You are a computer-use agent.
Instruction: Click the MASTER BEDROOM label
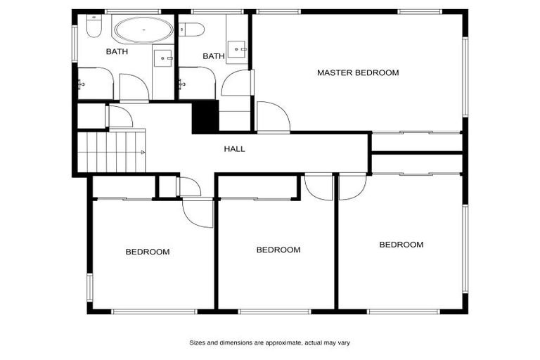[x=357, y=72]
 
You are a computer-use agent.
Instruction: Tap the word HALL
[x=234, y=149]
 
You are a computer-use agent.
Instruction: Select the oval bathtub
[x=143, y=31]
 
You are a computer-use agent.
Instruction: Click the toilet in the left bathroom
[x=94, y=27]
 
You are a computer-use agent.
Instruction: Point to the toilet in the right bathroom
[x=191, y=30]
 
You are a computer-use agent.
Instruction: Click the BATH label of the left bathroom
[x=117, y=52]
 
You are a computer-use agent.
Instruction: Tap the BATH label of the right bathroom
[x=213, y=56]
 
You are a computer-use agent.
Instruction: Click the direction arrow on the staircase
[x=143, y=152]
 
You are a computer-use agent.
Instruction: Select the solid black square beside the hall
[x=205, y=117]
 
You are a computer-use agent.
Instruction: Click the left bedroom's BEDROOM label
[x=148, y=252]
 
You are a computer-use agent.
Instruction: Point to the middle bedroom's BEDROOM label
[x=278, y=250]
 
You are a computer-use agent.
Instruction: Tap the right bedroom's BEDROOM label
[x=401, y=245]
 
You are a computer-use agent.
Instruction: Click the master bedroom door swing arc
[x=274, y=116]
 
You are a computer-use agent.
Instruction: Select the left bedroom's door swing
[x=198, y=214]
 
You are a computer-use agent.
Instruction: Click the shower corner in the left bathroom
[x=95, y=84]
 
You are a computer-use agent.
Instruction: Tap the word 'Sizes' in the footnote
[x=198, y=343]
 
